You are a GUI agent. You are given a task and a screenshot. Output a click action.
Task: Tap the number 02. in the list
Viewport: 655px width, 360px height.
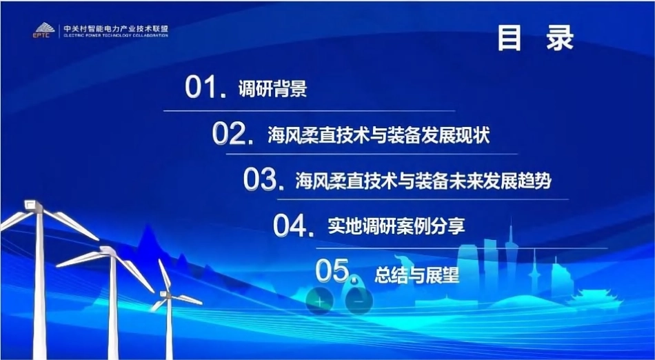point(230,134)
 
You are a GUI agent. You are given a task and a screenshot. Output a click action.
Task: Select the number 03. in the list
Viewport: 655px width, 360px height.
point(264,180)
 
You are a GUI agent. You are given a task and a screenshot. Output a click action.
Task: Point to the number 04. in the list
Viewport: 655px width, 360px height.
point(295,226)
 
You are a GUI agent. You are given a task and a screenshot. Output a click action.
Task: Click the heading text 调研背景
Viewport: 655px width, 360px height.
point(272,90)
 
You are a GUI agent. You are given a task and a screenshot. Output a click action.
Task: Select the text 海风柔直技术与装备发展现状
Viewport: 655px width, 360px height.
point(379,135)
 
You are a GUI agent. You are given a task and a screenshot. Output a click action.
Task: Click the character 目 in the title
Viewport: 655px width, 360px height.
point(510,39)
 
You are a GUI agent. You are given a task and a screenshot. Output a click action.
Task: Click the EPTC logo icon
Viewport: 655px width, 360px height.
point(43,30)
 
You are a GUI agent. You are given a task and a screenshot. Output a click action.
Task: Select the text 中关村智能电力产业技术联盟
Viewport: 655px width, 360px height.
point(115,29)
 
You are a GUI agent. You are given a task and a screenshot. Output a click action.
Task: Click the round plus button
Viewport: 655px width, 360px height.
point(319,301)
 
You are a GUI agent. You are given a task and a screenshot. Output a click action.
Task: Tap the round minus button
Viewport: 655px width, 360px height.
point(358,301)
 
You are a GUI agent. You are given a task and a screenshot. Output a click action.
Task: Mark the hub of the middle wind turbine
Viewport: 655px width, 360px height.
point(110,252)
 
